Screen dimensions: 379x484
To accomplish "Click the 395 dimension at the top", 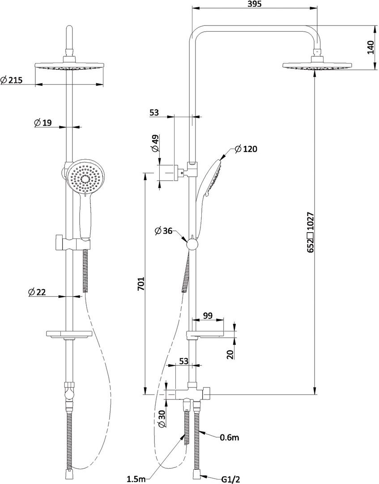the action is [x=255, y=4].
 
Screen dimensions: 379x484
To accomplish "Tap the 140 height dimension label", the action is [x=370, y=47].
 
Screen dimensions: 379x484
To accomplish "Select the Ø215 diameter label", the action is [x=12, y=80].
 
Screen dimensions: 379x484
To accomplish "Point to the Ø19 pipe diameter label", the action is [x=43, y=123].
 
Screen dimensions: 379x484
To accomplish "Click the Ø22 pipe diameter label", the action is [x=37, y=292].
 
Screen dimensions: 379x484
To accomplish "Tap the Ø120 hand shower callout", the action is [x=246, y=149].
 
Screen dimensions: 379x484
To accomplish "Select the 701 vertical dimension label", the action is [x=141, y=284].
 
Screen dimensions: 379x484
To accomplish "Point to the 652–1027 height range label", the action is [x=311, y=232].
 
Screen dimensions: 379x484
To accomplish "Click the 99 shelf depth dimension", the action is [x=208, y=315].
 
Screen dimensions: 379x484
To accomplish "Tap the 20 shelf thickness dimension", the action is [x=230, y=354].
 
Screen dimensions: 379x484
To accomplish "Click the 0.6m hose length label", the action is [x=230, y=437].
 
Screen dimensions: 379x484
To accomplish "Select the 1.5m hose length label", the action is [x=136, y=479].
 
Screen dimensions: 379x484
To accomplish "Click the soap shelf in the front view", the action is [x=69, y=334].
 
